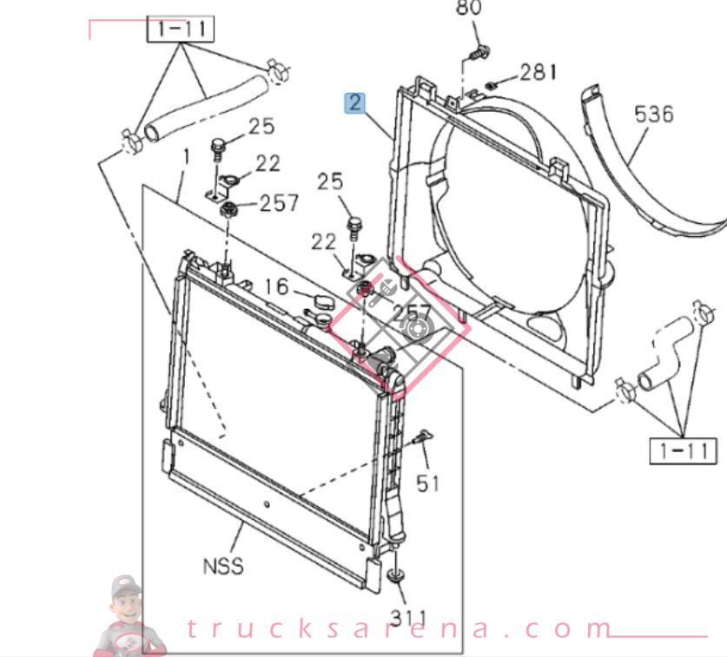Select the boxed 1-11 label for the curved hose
tap(684, 451)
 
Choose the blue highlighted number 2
tap(354, 103)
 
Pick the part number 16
tap(275, 286)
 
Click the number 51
tap(427, 483)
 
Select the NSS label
tap(223, 567)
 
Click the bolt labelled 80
tap(474, 54)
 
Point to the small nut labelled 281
tap(491, 84)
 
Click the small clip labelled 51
tap(423, 438)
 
